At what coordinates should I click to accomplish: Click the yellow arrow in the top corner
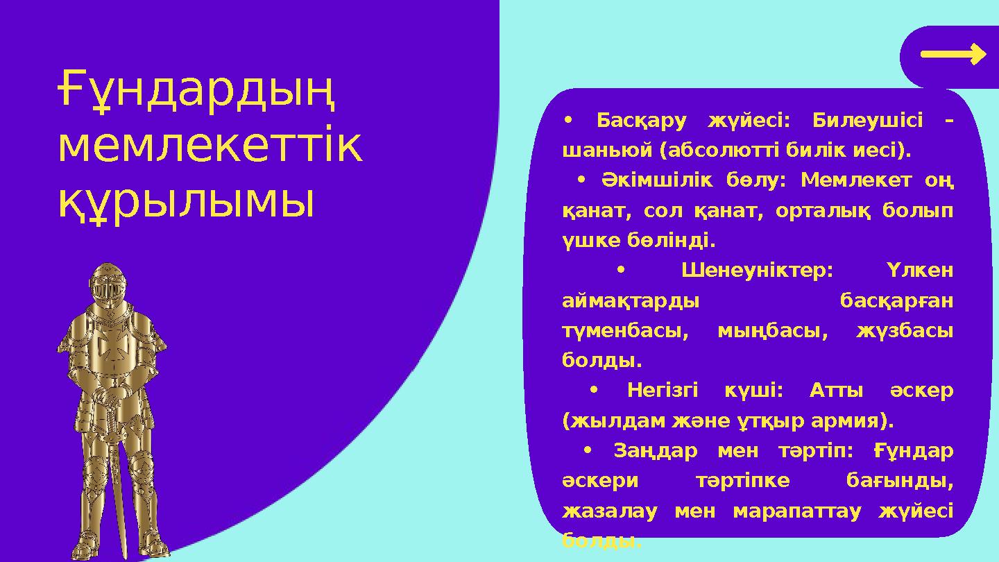[953, 54]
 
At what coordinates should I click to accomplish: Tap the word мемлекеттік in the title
[210, 147]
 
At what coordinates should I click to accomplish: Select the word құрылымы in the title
[186, 201]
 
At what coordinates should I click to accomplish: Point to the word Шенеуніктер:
[757, 270]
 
